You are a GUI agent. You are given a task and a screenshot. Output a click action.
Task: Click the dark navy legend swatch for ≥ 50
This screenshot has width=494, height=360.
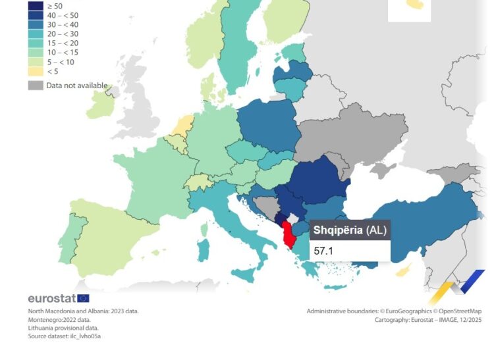[36, 5]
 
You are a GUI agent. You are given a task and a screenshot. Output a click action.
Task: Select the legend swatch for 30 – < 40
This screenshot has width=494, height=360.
[36, 24]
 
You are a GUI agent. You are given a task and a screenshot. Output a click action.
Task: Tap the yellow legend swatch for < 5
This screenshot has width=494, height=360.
[36, 71]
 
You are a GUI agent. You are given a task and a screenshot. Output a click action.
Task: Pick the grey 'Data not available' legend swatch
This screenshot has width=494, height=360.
[36, 86]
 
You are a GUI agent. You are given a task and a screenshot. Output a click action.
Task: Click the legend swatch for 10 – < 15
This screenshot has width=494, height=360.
[36, 53]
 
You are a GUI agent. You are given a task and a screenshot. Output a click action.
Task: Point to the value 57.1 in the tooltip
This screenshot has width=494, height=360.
[324, 251]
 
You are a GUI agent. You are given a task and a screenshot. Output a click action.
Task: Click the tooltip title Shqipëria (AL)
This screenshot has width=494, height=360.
[350, 230]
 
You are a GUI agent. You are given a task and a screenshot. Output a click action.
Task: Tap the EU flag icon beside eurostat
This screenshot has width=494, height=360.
[83, 298]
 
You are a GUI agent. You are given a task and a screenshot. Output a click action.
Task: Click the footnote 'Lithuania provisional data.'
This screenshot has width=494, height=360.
[63, 328]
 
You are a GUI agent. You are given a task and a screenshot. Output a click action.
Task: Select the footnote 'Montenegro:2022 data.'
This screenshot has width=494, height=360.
[59, 319]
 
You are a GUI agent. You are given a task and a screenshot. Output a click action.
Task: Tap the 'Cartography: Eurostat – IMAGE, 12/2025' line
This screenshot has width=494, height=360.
[428, 319]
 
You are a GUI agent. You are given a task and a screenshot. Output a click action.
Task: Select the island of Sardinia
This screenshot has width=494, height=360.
[204, 249]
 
